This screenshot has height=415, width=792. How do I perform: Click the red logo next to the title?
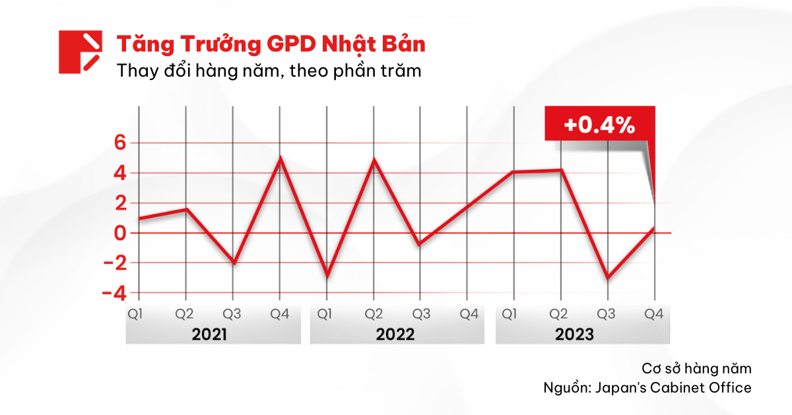80,52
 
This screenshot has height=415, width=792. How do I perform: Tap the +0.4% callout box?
599,126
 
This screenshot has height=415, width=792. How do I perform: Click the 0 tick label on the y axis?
119,233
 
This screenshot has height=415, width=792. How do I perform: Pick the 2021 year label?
209,334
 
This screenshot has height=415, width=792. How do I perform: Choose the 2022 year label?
395,334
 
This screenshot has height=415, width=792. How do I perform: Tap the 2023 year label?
574,334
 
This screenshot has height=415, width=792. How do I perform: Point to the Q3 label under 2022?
420,315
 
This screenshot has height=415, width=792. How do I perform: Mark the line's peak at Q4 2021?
280,158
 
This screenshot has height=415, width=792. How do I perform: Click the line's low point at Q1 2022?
327,275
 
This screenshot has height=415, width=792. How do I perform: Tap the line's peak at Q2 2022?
374,160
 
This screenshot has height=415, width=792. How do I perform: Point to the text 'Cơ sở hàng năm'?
696,368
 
